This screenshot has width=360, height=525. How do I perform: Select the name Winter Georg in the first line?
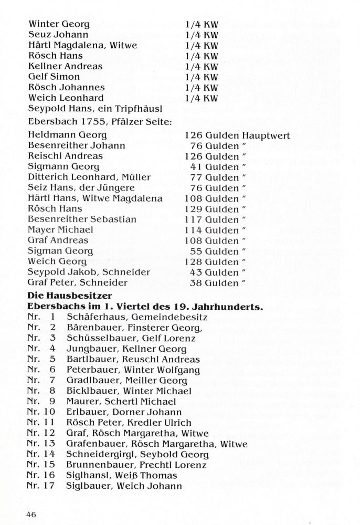click(59, 24)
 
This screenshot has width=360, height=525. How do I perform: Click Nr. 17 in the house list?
click(40, 486)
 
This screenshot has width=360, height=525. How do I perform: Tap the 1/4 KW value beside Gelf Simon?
click(202, 77)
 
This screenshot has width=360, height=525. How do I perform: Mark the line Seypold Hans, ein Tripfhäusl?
click(94, 108)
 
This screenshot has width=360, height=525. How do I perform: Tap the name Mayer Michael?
click(60, 229)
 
